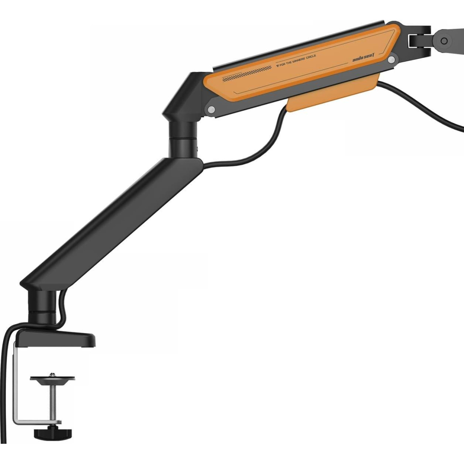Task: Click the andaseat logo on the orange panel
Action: pos(363,58)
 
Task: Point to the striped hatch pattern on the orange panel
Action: pos(247,74)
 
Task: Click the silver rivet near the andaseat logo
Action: pos(391,60)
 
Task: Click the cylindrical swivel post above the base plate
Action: pos(42,307)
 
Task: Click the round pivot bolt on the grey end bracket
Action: pos(444,41)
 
